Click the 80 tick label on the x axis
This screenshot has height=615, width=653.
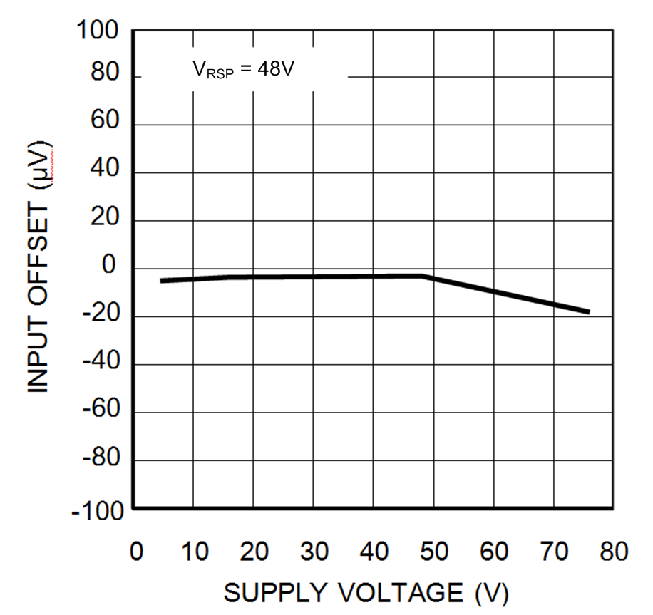pyautogui.click(x=612, y=552)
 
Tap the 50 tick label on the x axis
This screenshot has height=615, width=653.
pyautogui.click(x=433, y=552)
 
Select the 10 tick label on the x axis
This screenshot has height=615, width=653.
pyautogui.click(x=193, y=552)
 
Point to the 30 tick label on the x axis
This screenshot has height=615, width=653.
pyautogui.click(x=314, y=552)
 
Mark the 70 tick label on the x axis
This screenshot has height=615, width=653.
pyautogui.click(x=553, y=552)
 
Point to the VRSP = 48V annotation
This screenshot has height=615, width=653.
pyautogui.click(x=243, y=70)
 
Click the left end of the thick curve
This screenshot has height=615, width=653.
pyautogui.click(x=162, y=281)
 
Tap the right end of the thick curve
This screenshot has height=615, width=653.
pyautogui.click(x=589, y=311)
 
